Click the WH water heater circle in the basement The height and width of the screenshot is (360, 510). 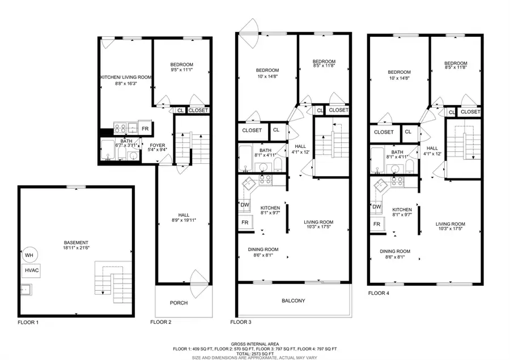28,255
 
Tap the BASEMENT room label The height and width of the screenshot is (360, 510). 75,242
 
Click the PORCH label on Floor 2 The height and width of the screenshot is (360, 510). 178,303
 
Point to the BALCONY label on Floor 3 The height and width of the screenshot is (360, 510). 293,300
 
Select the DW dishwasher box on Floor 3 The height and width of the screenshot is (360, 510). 245,205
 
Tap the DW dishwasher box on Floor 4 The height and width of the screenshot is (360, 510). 376,207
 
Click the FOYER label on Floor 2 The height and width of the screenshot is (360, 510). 157,145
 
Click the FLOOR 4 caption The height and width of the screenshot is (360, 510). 379,293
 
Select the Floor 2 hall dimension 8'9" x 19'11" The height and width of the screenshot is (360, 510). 184,221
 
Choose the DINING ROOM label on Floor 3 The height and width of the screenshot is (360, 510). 263,249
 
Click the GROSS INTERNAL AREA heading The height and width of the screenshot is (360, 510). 254,342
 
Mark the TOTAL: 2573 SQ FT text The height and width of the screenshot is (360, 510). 254,352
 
